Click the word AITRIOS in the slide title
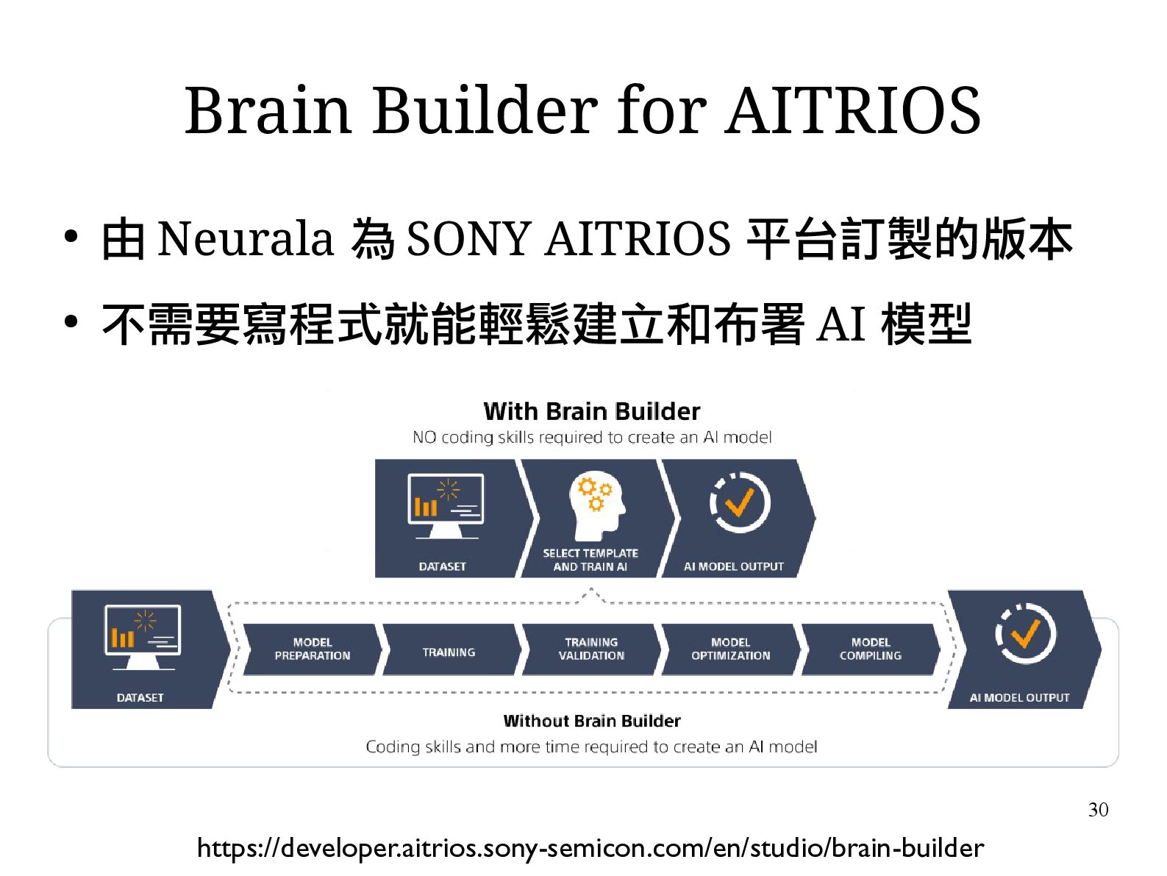tap(852, 110)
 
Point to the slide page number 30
tap(1097, 810)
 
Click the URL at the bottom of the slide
tap(590, 848)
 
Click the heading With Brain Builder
tap(591, 411)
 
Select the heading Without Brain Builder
tap(591, 721)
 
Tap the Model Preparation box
tap(312, 649)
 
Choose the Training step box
tap(449, 652)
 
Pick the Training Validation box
tap(591, 649)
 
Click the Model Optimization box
tap(730, 649)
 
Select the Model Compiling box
tap(870, 649)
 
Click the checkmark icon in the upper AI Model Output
tap(739, 503)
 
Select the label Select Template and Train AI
tap(590, 560)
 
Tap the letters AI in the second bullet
tap(840, 324)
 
